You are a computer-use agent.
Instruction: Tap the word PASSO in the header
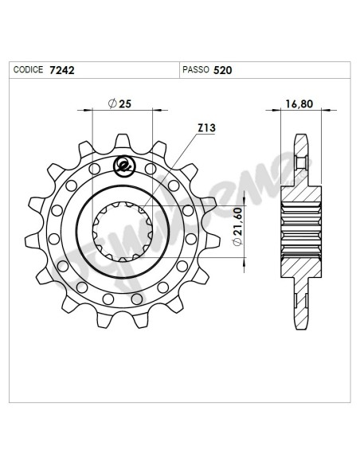[196, 70]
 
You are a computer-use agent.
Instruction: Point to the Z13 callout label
[205, 127]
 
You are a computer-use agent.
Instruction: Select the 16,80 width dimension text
[299, 104]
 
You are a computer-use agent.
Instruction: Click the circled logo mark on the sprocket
[123, 166]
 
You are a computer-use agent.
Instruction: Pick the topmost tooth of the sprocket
[123, 143]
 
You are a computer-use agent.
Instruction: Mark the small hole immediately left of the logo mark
[96, 169]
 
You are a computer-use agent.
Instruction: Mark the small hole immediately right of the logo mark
[150, 169]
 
